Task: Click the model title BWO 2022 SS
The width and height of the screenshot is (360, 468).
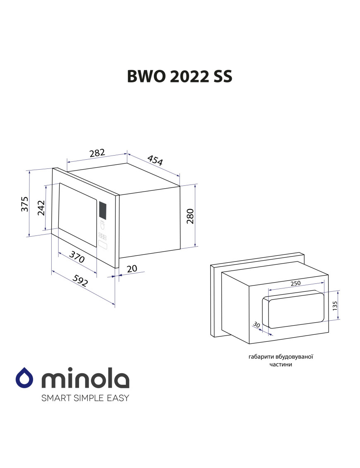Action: (180, 77)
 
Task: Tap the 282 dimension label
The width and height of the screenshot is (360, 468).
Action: (97, 153)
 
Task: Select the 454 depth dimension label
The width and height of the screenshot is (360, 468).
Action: (155, 160)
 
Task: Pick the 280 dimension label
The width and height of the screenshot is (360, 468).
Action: (190, 216)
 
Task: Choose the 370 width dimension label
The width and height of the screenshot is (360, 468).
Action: (77, 257)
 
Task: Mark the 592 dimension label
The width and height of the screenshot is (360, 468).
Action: (80, 281)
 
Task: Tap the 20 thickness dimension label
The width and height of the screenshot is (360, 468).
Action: (132, 268)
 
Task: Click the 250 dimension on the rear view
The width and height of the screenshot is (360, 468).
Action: (295, 283)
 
